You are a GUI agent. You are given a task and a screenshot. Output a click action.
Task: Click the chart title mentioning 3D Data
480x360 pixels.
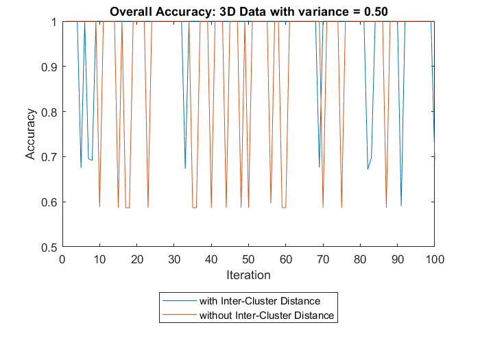coord(249,10)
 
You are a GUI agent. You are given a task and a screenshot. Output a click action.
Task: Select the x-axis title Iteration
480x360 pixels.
coord(248,275)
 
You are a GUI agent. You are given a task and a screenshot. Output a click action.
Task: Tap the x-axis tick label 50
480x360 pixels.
coord(248,259)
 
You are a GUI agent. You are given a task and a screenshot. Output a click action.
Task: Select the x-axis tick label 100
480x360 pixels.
coord(435,259)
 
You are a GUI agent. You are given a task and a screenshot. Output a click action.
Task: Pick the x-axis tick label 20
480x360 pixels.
coord(136,259)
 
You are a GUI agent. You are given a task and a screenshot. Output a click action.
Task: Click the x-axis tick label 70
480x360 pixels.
coord(323,259)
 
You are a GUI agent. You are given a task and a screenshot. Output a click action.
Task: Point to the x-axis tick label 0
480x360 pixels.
coord(62,259)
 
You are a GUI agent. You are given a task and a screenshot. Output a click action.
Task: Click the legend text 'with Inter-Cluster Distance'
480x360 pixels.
coord(259,300)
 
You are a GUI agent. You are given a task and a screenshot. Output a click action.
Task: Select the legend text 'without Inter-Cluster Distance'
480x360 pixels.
coord(266,315)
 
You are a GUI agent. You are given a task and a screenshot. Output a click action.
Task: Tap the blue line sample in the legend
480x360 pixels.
coord(178,300)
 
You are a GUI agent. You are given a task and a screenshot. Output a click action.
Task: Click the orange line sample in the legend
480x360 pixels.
coord(178,315)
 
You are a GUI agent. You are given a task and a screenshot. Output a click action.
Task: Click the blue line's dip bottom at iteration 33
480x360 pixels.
coord(185,168)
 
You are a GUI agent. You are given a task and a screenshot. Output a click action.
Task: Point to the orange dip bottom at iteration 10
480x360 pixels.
coord(99,206)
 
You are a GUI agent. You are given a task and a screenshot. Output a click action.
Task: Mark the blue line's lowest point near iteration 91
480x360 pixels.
coord(401,206)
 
